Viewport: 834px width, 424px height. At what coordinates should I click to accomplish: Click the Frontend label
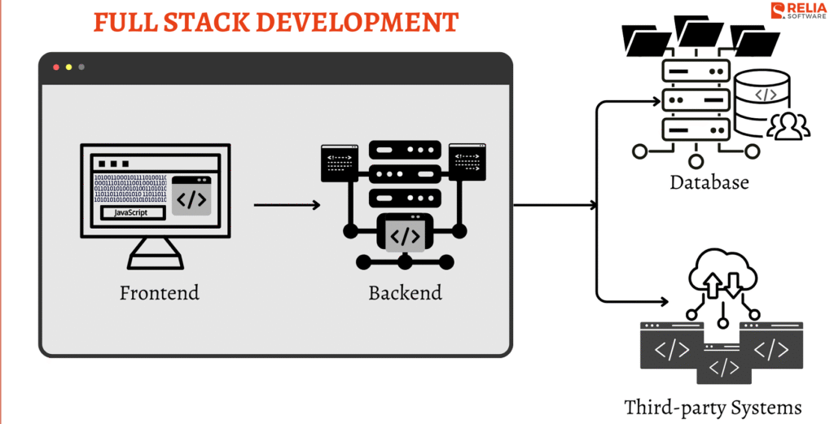(160, 292)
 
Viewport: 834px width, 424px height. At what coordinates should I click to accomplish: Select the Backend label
(405, 292)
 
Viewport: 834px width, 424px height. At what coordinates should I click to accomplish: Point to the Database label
(709, 182)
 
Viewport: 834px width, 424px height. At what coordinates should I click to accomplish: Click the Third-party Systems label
(713, 406)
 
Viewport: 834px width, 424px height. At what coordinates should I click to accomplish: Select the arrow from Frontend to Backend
(287, 205)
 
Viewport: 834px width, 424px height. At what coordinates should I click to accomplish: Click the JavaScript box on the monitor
(133, 212)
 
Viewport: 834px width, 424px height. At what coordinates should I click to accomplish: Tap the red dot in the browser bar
(56, 67)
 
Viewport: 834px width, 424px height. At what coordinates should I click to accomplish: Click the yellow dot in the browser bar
(68, 67)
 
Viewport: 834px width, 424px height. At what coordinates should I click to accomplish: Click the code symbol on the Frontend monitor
(191, 198)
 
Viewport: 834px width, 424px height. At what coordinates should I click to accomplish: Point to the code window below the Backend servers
(405, 235)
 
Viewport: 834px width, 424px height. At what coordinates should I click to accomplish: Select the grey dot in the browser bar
(81, 67)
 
